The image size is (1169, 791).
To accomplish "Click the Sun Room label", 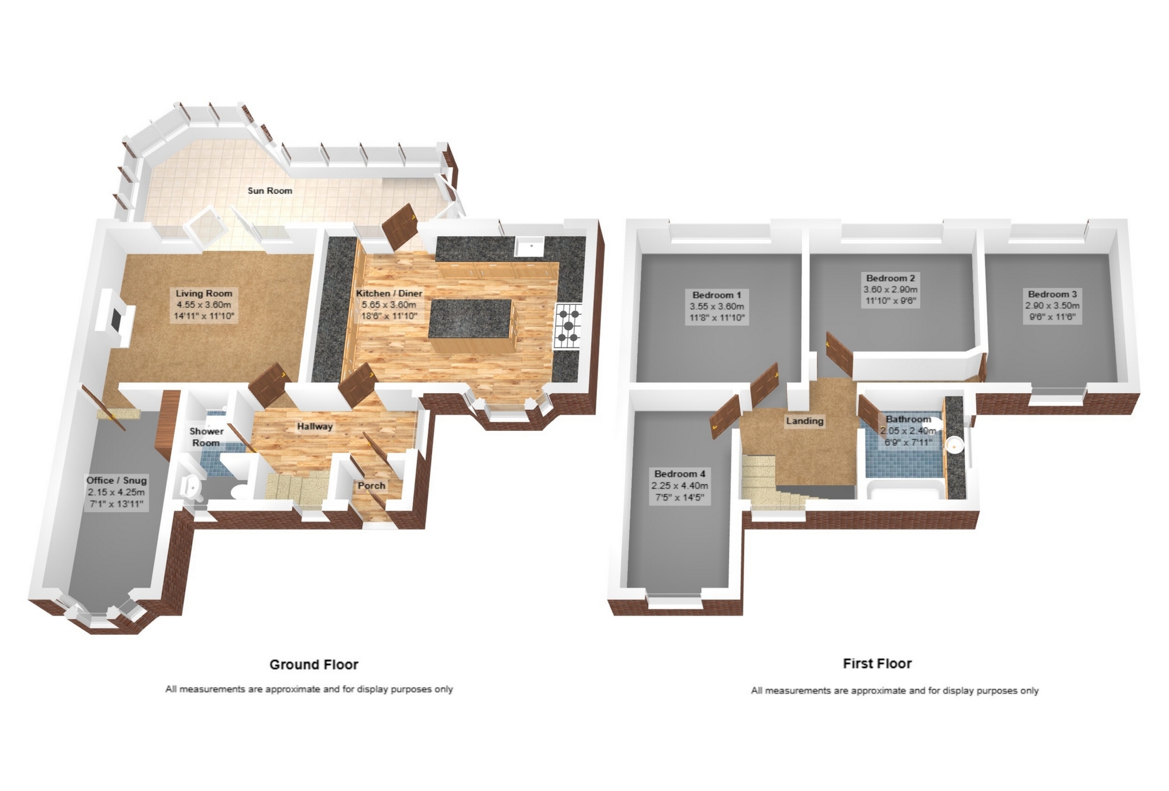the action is (x=270, y=191).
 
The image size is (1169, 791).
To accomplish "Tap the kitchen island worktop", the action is (x=471, y=319).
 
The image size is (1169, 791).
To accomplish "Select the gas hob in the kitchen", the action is (x=569, y=326).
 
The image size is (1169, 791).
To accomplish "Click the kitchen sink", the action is (x=530, y=247).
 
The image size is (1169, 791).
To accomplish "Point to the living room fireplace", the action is (x=117, y=318).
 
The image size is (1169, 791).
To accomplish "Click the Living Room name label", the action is (x=204, y=293).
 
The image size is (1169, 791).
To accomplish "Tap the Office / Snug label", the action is (x=117, y=480).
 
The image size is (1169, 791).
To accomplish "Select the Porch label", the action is (x=371, y=486).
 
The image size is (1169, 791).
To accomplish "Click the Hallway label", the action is (x=315, y=427).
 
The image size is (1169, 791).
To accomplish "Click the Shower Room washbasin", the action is (x=191, y=488).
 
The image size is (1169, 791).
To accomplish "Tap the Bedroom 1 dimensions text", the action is (x=716, y=312).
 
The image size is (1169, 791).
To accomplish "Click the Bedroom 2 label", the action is (x=889, y=278).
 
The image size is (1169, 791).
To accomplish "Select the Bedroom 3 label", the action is (x=1052, y=294).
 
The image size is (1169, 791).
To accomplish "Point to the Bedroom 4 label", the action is (x=679, y=474).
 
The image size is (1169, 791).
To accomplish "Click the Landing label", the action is (x=804, y=421).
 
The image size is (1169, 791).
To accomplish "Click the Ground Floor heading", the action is (x=314, y=665).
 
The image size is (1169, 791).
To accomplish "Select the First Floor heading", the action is (x=877, y=664).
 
